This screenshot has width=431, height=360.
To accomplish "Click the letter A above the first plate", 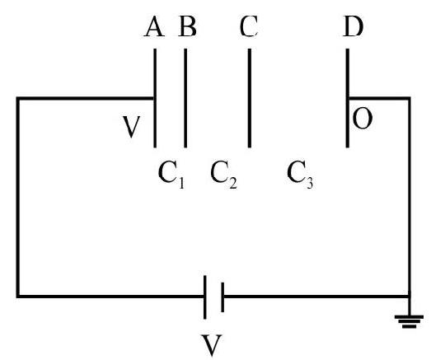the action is pyautogui.click(x=154, y=26).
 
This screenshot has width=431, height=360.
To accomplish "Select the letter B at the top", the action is pyautogui.click(x=187, y=26).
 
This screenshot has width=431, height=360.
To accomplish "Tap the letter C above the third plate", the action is pyautogui.click(x=249, y=26).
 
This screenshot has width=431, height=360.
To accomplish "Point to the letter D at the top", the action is pyautogui.click(x=354, y=26).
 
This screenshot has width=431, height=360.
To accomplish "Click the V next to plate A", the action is pyautogui.click(x=131, y=127).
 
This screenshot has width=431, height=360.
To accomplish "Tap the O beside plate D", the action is pyautogui.click(x=363, y=119).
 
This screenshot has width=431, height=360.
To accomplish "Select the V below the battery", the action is pyautogui.click(x=211, y=345).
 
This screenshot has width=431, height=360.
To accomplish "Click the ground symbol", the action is pyautogui.click(x=409, y=322).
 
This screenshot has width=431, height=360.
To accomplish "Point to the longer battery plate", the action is pyautogui.click(x=204, y=297).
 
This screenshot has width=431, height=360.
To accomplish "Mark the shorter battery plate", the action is pyautogui.click(x=223, y=297).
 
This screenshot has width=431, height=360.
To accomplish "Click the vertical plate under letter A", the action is pyautogui.click(x=155, y=98).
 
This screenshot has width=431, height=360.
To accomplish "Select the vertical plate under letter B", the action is pyautogui.click(x=185, y=98).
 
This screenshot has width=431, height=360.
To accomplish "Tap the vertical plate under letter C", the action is pyautogui.click(x=250, y=98).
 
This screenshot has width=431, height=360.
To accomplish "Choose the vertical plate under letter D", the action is pyautogui.click(x=348, y=98).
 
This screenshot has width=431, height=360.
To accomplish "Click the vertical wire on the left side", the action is pyautogui.click(x=18, y=198).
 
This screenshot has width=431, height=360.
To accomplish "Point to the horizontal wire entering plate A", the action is pyautogui.click(x=85, y=98).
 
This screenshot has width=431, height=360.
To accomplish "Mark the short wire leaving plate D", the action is pyautogui.click(x=380, y=98).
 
